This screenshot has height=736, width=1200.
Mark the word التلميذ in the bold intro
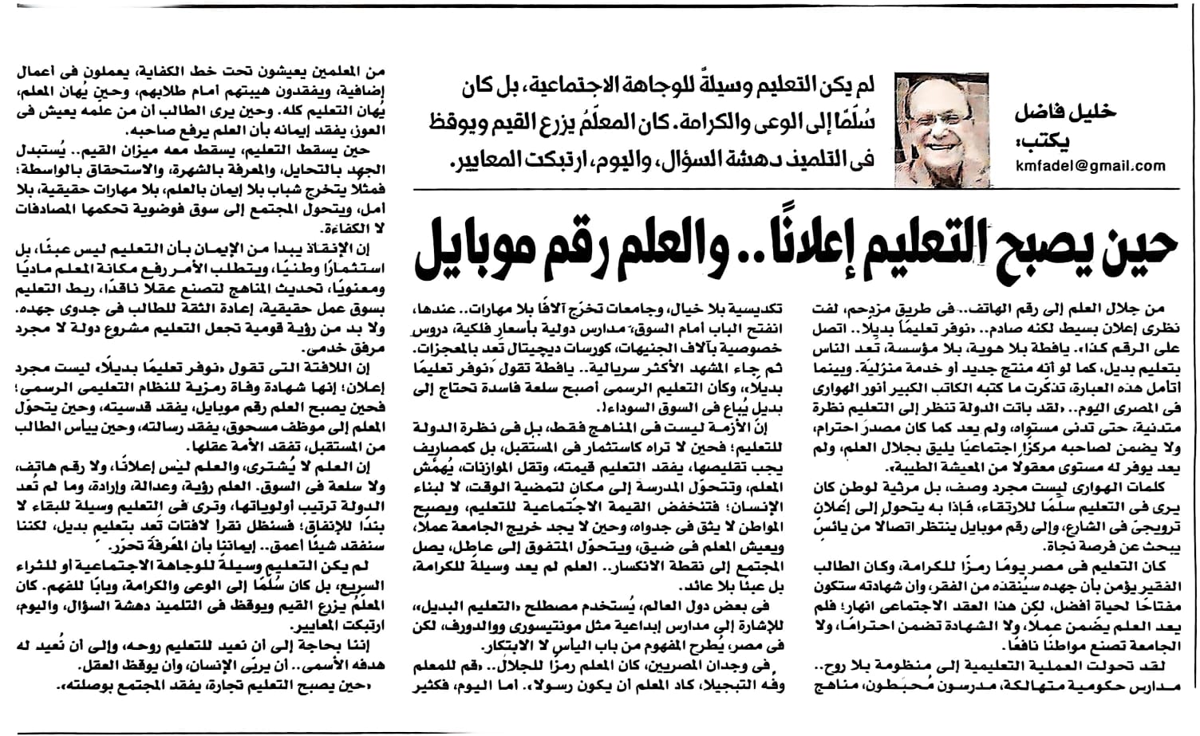pos(799,159)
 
